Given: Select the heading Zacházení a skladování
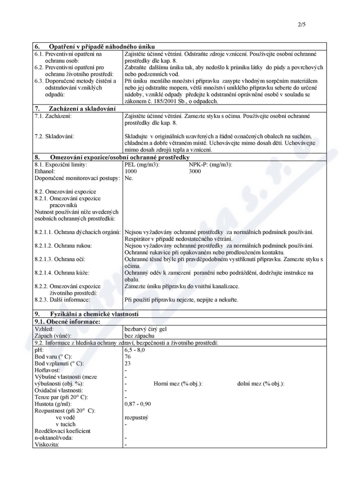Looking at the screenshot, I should coord(83,108).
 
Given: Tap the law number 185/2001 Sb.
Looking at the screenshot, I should coord(165,102).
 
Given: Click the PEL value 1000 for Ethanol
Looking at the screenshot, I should coord(130,171).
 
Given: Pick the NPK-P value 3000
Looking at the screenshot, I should coord(195,171).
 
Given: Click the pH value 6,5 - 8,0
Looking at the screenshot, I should coord(135,350).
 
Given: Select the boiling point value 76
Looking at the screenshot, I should coord(128,356).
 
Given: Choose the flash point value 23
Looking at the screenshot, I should coord(128,363).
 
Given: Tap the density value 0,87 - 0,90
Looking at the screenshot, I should coord(138,404).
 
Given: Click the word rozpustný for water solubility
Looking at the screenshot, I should coord(136,417).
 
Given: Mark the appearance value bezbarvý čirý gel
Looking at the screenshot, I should coord(145,329).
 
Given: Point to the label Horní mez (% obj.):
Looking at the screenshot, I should coord(178,383).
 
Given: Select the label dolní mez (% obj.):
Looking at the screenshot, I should coord(261,383).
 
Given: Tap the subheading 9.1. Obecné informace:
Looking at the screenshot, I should coord(67,322).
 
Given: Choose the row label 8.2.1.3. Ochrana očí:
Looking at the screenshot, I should coord(60,260).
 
